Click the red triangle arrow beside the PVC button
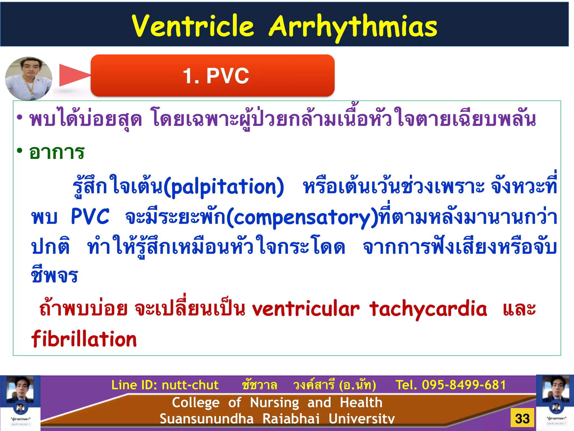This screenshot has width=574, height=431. click(73, 75)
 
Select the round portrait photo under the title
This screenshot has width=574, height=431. click(29, 78)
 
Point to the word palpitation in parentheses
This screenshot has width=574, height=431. click(224, 187)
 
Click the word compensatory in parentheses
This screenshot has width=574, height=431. click(302, 218)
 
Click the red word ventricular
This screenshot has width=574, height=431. click(305, 309)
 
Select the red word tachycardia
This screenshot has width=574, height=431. click(428, 309)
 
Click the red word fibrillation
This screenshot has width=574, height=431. click(84, 339)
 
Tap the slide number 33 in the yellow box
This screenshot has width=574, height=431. click(522, 418)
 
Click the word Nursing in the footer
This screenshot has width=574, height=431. click(274, 402)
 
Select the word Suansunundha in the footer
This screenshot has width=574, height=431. click(207, 419)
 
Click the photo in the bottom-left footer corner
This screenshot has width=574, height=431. click(20, 403)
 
